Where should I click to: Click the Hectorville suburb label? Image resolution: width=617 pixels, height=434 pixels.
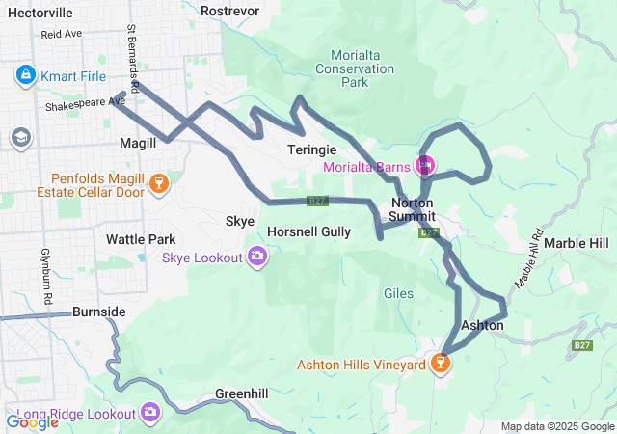pyautogui.click(x=41, y=13)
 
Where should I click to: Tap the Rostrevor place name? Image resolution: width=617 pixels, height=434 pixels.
pyautogui.click(x=230, y=10)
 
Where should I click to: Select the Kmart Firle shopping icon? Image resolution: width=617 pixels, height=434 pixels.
pyautogui.click(x=25, y=73)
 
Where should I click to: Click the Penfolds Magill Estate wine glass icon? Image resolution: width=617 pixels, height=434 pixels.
pyautogui.click(x=159, y=182)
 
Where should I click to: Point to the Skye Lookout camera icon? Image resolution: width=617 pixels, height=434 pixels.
pyautogui.click(x=258, y=257)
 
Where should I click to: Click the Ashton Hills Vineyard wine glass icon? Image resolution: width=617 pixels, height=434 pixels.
pyautogui.click(x=441, y=364)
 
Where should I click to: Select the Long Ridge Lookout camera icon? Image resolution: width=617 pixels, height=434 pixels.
pyautogui.click(x=149, y=413)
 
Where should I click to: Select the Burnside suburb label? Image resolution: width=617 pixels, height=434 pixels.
pyautogui.click(x=98, y=312)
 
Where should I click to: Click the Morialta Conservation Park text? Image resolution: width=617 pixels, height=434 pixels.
pyautogui.click(x=355, y=68)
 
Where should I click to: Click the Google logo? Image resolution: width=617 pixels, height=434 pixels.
pyautogui.click(x=32, y=420)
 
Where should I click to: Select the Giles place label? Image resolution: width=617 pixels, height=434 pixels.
pyautogui.click(x=398, y=293)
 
